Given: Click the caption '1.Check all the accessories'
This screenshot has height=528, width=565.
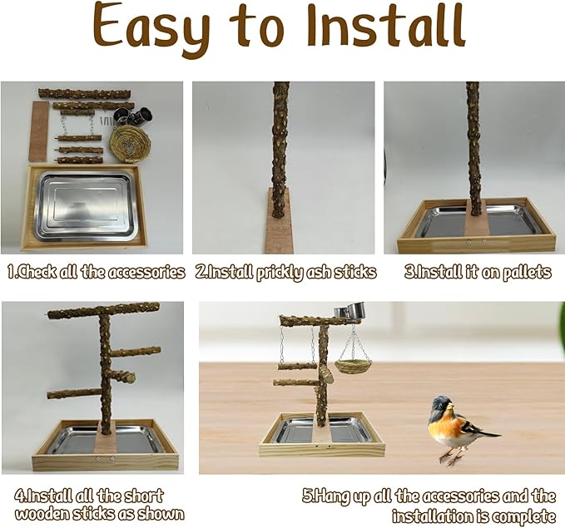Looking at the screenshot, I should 96,272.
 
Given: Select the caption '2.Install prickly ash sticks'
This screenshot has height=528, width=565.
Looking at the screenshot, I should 285,272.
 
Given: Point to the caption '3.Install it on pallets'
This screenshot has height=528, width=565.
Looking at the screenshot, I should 468,272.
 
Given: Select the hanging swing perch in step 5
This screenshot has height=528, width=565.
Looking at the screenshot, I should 299,365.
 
